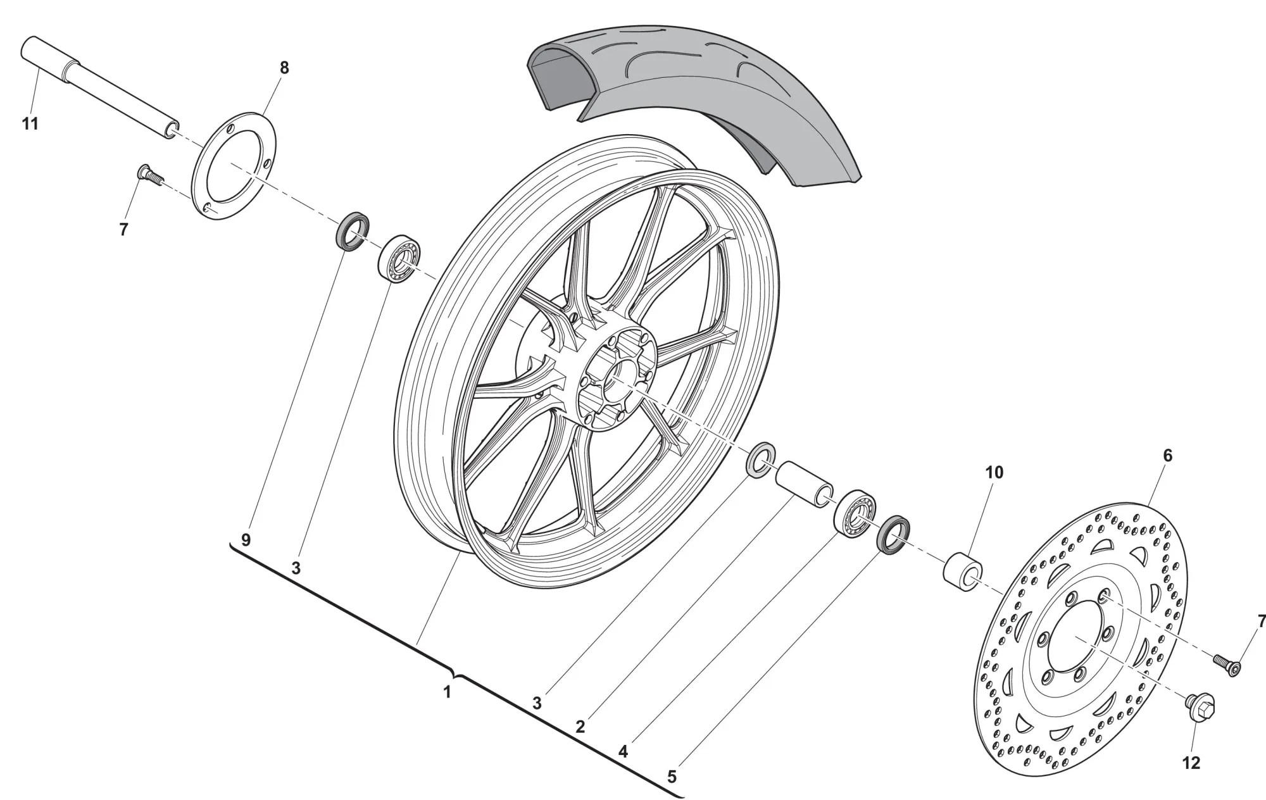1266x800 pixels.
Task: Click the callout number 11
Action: point(30,124)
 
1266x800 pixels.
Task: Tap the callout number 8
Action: point(284,68)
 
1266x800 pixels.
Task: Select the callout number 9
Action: point(246,540)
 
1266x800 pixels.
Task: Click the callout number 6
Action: point(1168,455)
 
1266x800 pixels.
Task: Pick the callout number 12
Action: point(1191,763)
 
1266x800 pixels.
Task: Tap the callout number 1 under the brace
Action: point(447,692)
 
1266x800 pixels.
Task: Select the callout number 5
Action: point(672,777)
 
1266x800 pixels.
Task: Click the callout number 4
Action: point(623,752)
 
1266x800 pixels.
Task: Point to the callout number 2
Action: point(580,727)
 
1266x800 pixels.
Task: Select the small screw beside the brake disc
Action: point(1227,665)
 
